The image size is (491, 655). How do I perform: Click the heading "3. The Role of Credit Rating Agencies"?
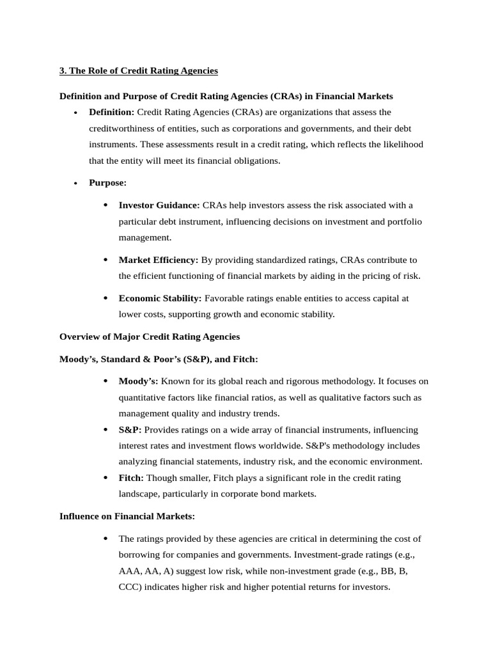pos(139,70)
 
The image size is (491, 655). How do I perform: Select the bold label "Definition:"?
pos(112,113)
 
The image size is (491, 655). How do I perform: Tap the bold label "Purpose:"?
pos(107,183)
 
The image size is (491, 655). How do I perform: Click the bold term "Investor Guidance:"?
pos(159,205)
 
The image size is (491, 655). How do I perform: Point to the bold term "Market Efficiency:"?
pos(159,260)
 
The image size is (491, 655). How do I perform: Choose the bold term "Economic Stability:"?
pos(160,298)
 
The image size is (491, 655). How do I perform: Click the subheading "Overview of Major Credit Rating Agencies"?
pos(150,336)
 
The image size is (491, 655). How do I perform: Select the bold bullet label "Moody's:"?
pos(138,381)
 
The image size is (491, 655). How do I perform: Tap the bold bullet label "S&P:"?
pos(130,430)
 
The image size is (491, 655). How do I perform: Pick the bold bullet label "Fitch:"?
pos(131,478)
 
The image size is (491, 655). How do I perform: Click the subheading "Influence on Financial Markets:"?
pos(127,516)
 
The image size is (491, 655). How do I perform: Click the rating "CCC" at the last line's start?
pos(130,587)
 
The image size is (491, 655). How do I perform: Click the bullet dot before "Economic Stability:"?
pos(105,298)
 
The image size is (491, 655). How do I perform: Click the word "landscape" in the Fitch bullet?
pos(139,494)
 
